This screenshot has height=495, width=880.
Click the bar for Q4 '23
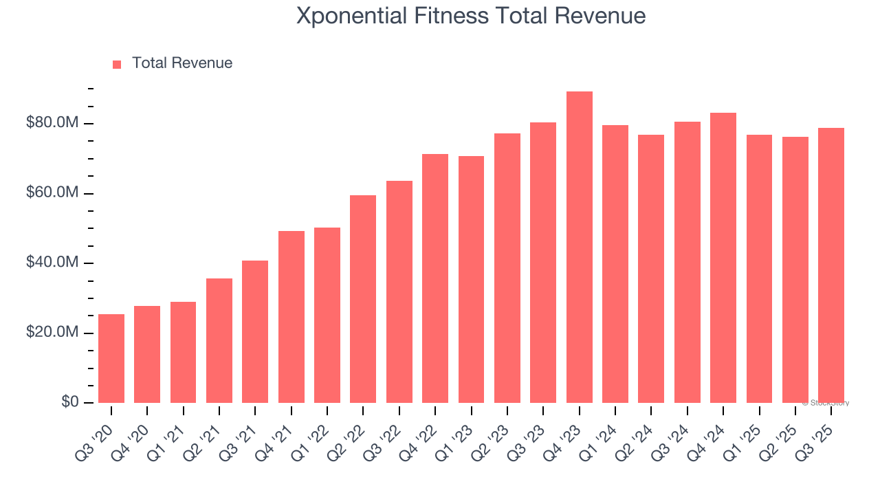pos(579,247)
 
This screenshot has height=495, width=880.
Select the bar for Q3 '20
pos(111,358)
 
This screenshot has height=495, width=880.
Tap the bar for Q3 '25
pos(831,265)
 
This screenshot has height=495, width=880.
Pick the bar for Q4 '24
pos(723,258)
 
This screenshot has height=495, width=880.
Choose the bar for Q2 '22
pos(363,299)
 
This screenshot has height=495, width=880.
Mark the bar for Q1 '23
pos(471,279)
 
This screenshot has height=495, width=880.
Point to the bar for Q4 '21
pos(291,317)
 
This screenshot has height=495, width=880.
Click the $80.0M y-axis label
pos(52,123)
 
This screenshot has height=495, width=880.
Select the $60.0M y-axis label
pos(52,193)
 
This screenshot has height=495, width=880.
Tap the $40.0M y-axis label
pos(52,263)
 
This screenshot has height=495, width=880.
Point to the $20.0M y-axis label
pos(52,333)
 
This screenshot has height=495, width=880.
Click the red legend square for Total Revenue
pos(117,65)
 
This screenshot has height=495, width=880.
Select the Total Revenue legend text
pos(182,63)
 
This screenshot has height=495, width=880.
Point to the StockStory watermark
pos(826,403)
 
